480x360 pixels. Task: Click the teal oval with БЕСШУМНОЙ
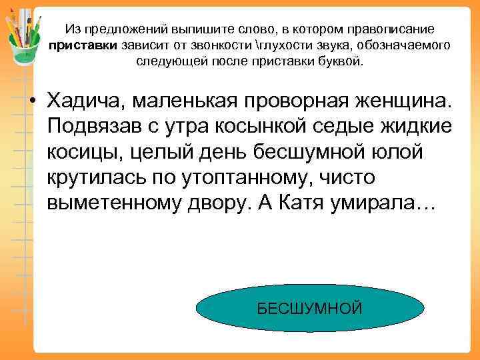click(310, 308)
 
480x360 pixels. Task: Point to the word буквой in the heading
click(341, 61)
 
